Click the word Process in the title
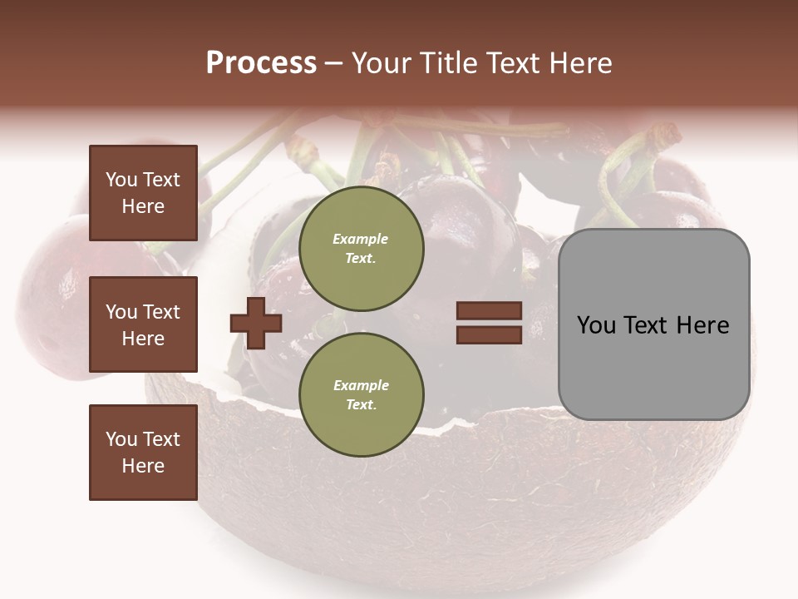261,63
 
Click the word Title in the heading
448,63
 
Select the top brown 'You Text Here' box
143,193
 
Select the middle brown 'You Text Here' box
143,324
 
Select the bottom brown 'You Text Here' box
143,453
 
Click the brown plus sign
256,323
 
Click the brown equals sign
489,323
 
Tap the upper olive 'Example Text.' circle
361,249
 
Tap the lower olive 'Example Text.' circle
361,394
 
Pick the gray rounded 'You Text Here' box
653,324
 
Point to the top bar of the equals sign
489,311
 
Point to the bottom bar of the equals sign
489,334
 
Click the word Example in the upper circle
361,240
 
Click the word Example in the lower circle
361,386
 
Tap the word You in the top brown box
121,180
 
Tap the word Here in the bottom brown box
143,466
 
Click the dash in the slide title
333,64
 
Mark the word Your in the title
378,63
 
